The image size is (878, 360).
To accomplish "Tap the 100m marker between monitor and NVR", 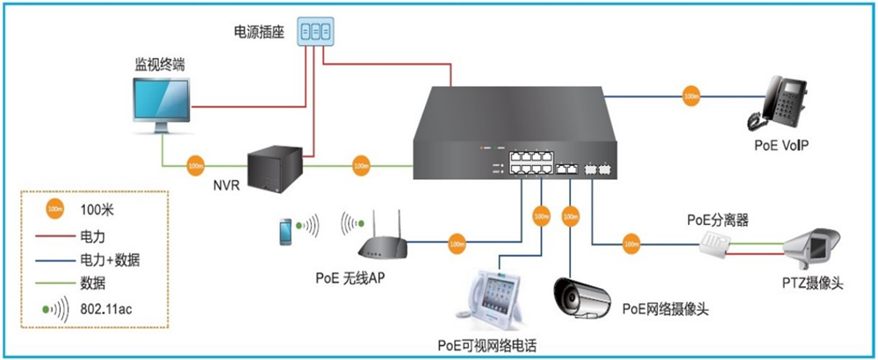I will [x=194, y=165].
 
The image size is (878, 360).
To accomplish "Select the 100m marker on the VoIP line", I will [x=692, y=94].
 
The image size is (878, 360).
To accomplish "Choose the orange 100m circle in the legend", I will [x=55, y=210].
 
